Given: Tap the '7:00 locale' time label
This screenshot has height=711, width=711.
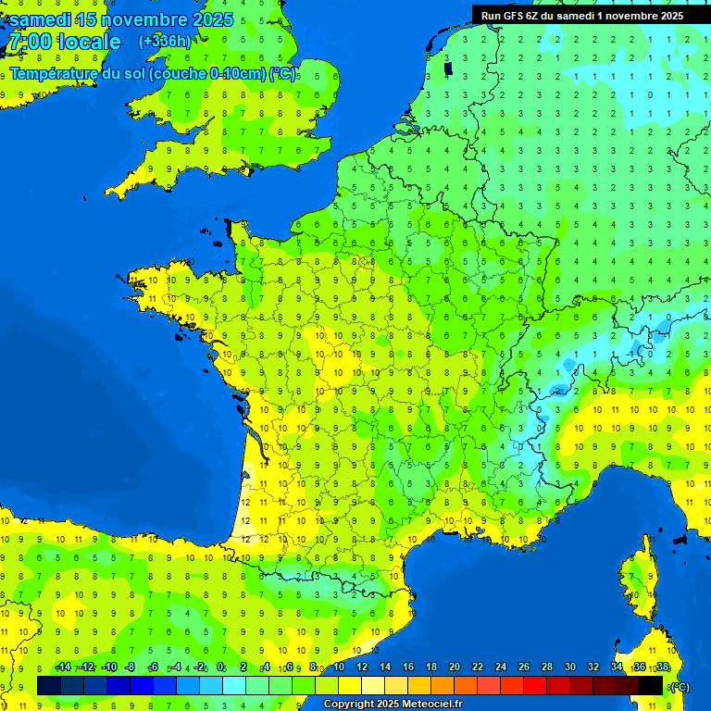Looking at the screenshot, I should [64, 42].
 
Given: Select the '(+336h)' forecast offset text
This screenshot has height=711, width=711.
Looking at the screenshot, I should [165, 41].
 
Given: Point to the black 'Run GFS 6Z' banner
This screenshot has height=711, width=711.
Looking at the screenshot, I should [581, 15].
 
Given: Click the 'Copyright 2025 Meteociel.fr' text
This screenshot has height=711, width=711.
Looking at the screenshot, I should [393, 705].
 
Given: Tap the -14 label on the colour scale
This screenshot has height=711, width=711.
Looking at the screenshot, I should [63, 667].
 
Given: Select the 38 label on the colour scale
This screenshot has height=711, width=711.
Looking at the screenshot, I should [663, 667].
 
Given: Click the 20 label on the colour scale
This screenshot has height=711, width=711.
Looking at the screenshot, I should [455, 667].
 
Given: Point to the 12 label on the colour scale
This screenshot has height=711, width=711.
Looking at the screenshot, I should [362, 667].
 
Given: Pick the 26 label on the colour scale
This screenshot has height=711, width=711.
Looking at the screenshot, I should [524, 667].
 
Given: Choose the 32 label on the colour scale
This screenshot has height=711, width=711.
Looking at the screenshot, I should [593, 667].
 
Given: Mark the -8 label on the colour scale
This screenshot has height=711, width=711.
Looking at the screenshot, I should [131, 667].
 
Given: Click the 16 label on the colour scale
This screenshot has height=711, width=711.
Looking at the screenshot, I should [408, 667].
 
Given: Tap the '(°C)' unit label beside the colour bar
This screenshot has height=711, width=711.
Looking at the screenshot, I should [679, 687].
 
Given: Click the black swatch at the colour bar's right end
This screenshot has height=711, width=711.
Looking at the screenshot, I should [651, 685].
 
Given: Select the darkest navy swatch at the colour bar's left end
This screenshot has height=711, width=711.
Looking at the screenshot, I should [49, 685].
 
